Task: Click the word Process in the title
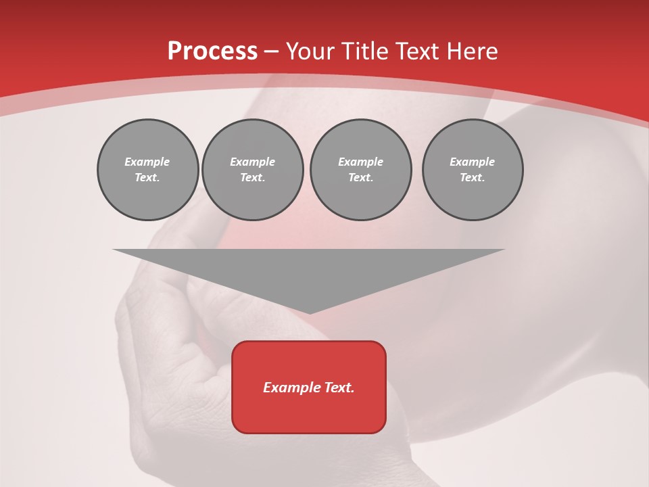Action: pos(212,51)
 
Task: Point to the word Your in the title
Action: pos(311,51)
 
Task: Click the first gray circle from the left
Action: pos(147,170)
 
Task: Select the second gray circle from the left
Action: pos(253,170)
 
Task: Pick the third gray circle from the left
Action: pos(360,170)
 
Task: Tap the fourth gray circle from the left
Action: pos(473,170)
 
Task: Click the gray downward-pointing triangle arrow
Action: pos(309,271)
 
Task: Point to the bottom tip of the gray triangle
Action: pos(309,313)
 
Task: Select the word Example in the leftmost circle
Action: pos(147,162)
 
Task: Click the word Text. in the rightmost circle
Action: pos(473,178)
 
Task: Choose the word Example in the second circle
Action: pos(253,162)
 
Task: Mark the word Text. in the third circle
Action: pos(360,178)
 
